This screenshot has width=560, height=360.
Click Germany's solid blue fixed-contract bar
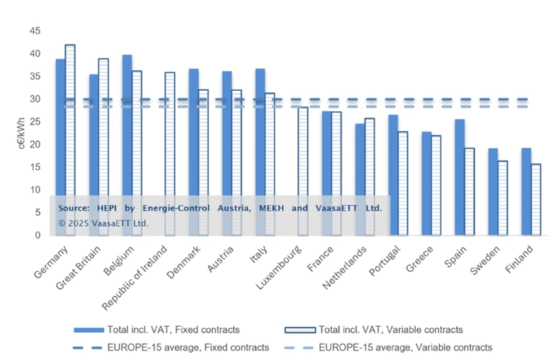pyautogui.click(x=60, y=143)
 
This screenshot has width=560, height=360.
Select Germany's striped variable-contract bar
pyautogui.click(x=70, y=136)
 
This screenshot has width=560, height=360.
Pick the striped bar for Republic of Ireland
pyautogui.click(x=170, y=150)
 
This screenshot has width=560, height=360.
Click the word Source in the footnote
pyautogui.click(x=74, y=208)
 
